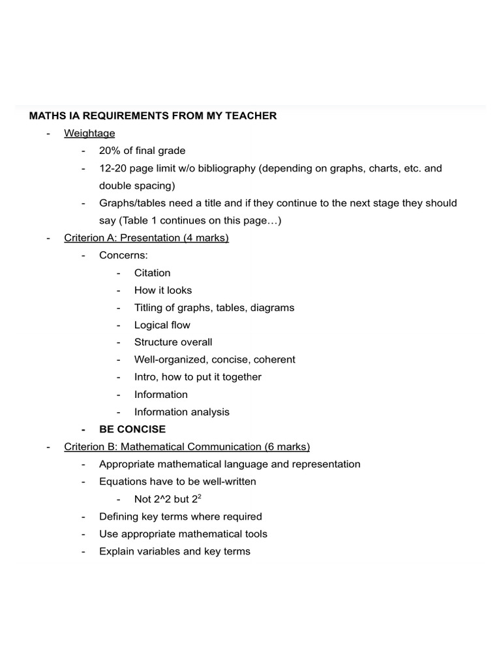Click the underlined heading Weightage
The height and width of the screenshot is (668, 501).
(89, 133)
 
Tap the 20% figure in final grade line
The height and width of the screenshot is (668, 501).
(110, 151)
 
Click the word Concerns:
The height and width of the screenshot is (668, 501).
(123, 255)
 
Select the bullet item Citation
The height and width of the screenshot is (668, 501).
(152, 273)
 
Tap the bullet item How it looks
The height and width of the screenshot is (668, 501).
(163, 290)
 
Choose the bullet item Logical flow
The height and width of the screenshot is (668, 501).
(162, 325)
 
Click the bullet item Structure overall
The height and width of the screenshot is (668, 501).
(173, 342)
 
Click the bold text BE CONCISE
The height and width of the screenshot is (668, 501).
(132, 429)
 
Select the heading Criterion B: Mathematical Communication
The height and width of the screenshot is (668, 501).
(187, 447)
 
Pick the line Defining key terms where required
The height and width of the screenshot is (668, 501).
(180, 516)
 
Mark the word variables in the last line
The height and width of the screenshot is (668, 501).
(157, 551)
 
